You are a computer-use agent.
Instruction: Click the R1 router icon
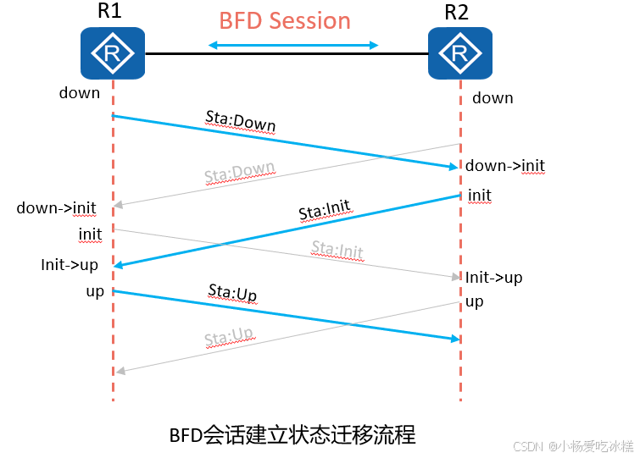[113, 53]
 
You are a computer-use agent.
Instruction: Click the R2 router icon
[459, 53]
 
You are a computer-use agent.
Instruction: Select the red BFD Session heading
[285, 20]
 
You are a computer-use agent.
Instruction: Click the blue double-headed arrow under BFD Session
[293, 45]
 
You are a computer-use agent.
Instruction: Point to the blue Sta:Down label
[241, 121]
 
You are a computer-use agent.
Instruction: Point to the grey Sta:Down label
[240, 174]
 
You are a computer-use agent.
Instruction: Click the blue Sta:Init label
[325, 211]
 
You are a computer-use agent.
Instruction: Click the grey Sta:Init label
[337, 250]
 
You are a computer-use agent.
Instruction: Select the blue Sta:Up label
[232, 294]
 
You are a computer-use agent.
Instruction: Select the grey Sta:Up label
[229, 339]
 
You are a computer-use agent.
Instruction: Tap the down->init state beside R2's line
[505, 166]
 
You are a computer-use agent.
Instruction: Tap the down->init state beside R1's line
[56, 207]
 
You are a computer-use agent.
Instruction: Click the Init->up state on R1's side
[70, 265]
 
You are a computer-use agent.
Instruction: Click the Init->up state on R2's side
[493, 278]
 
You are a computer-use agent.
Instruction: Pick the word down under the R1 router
[80, 93]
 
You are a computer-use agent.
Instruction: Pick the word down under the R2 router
[493, 98]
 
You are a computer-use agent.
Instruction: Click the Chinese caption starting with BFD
[292, 435]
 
